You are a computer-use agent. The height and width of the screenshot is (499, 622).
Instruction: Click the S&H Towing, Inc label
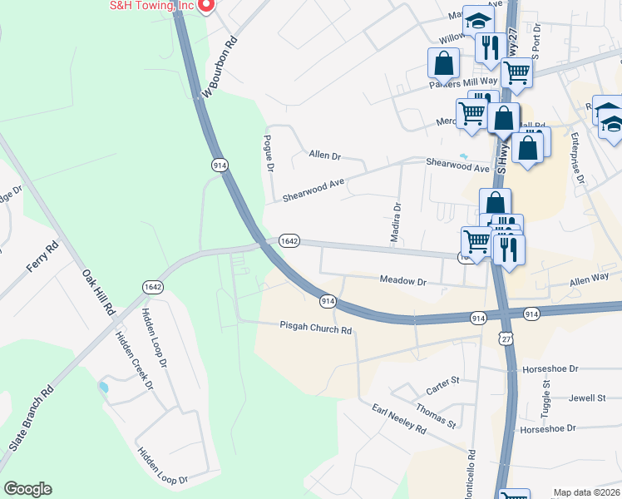click(x=152, y=6)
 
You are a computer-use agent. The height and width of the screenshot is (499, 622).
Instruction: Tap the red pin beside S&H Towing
click(x=207, y=5)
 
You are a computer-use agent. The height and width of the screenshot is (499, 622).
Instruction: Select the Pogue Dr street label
click(x=269, y=153)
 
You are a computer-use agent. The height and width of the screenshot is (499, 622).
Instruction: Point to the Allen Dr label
click(x=325, y=155)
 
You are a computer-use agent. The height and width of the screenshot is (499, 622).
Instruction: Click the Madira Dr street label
click(x=397, y=223)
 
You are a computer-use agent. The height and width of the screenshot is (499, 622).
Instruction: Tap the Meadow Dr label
click(x=403, y=281)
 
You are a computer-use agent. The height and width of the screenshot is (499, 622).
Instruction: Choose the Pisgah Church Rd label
click(x=316, y=329)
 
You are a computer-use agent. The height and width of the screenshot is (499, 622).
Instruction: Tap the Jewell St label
click(x=587, y=398)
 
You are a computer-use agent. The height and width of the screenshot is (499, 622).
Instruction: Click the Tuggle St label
click(x=546, y=396)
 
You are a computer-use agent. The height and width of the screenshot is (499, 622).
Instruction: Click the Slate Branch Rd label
click(x=32, y=418)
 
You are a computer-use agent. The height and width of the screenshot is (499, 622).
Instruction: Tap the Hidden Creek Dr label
click(x=134, y=359)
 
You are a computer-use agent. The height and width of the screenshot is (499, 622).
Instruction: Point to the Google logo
click(x=27, y=489)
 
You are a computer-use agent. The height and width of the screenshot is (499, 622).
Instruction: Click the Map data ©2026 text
click(x=586, y=492)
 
